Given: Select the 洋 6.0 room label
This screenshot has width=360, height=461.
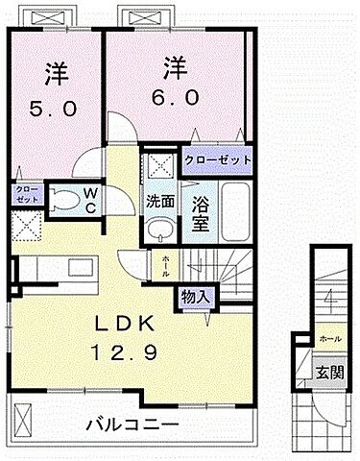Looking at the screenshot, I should pos(173,81).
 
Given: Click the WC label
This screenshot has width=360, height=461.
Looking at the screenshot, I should pos(88,200).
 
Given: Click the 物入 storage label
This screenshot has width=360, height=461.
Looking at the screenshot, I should pos(195,297).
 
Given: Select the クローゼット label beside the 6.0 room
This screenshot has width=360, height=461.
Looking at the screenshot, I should pos(218,159).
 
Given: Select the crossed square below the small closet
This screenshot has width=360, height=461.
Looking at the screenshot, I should pos(24,227).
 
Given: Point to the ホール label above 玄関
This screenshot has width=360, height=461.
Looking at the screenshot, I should pos(328,339).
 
